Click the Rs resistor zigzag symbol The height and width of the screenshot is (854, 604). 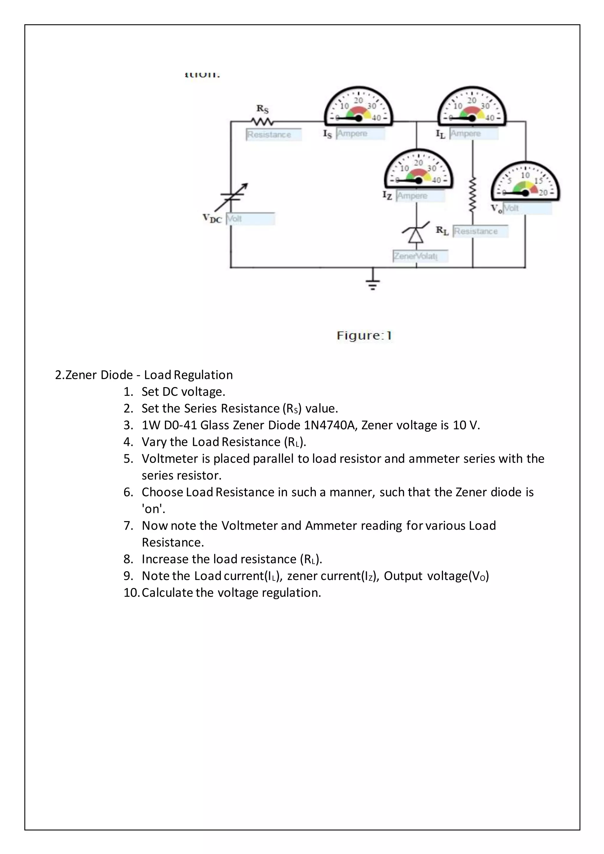(262, 121)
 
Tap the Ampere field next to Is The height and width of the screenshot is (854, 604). (360, 134)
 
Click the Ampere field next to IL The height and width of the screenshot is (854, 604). (473, 134)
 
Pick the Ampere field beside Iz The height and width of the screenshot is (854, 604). (420, 196)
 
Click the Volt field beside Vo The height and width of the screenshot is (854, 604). (527, 208)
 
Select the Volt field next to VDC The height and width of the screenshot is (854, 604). (250, 219)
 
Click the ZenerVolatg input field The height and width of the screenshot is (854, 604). (420, 256)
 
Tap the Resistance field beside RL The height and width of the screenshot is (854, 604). (480, 231)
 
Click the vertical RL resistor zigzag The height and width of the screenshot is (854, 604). (472, 195)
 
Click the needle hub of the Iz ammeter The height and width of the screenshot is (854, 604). (418, 180)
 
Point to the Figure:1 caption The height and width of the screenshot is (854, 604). (364, 336)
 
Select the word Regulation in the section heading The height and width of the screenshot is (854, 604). (203, 375)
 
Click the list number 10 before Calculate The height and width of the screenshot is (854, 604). (131, 592)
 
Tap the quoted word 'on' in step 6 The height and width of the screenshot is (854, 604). (153, 509)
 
